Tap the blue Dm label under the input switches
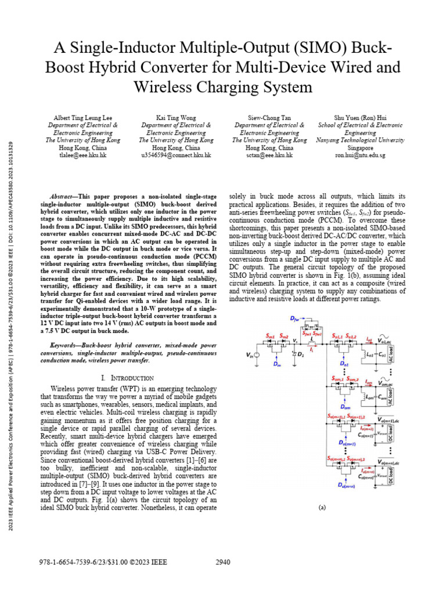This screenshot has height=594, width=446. pyautogui.click(x=276, y=365)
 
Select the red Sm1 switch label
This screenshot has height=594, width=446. pyautogui.click(x=271, y=336)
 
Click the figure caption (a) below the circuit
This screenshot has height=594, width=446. pyautogui.click(x=322, y=506)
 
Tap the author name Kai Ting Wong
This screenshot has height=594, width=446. pyautogui.click(x=177, y=117)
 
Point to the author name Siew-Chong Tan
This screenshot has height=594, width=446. pyautogui.click(x=269, y=117)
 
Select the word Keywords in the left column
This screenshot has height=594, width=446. pyautogui.click(x=66, y=345)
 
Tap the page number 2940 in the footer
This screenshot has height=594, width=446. pyautogui.click(x=223, y=562)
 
